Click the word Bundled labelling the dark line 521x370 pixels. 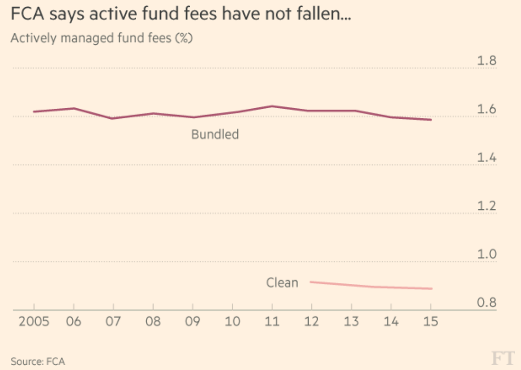click(x=215, y=134)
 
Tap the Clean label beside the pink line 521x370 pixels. click(x=282, y=283)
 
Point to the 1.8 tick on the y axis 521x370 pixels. click(x=486, y=61)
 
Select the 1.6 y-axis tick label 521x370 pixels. click(x=486, y=109)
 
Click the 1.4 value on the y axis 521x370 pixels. click(x=486, y=158)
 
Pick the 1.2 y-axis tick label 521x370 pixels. click(x=486, y=206)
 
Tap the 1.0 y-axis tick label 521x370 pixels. click(x=486, y=254)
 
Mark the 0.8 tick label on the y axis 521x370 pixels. click(x=486, y=303)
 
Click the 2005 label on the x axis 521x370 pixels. click(x=34, y=321)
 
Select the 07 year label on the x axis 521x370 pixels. click(x=113, y=321)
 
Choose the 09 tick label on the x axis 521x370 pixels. click(x=193, y=321)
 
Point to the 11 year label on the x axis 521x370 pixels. click(x=272, y=321)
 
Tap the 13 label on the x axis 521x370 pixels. click(x=352, y=321)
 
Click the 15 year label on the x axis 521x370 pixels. click(x=430, y=321)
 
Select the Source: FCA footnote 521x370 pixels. click(x=38, y=361)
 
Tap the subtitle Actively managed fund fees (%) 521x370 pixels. click(x=101, y=38)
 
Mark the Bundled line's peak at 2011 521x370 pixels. click(x=272, y=106)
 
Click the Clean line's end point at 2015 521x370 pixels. click(x=431, y=289)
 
